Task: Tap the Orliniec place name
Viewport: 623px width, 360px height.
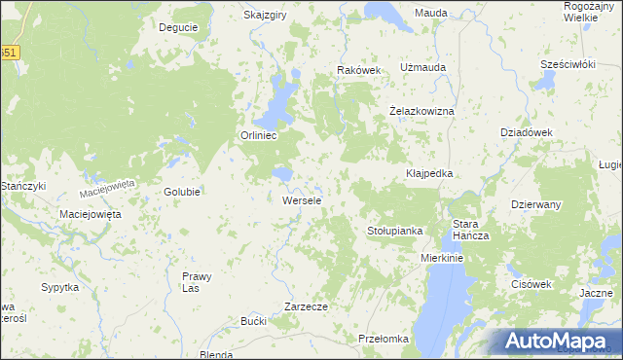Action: click(x=259, y=136)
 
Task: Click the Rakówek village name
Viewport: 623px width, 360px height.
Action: click(x=359, y=70)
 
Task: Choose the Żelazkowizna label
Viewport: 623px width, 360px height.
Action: click(x=422, y=111)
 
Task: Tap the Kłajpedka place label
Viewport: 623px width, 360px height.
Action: click(x=429, y=173)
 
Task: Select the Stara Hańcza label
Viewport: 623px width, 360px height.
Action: click(x=470, y=231)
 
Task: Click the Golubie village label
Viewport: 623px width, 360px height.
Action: click(x=182, y=192)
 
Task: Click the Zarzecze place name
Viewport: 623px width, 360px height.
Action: click(x=306, y=306)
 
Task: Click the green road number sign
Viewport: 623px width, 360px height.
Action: click(x=8, y=54)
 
